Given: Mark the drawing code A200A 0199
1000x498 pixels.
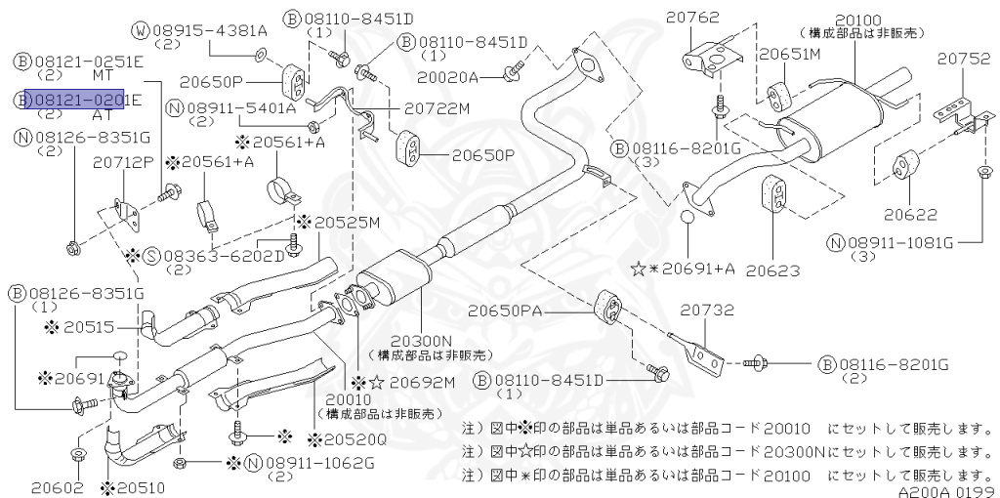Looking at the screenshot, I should tap(943, 491).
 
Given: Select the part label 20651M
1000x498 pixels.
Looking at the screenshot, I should tap(790, 55).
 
